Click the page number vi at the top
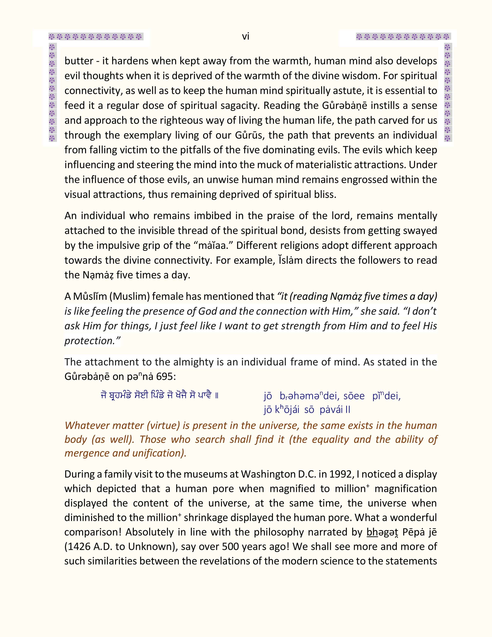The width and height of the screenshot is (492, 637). point(245,36)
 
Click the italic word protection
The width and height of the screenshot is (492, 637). point(90,341)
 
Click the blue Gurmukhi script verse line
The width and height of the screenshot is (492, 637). point(159,396)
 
